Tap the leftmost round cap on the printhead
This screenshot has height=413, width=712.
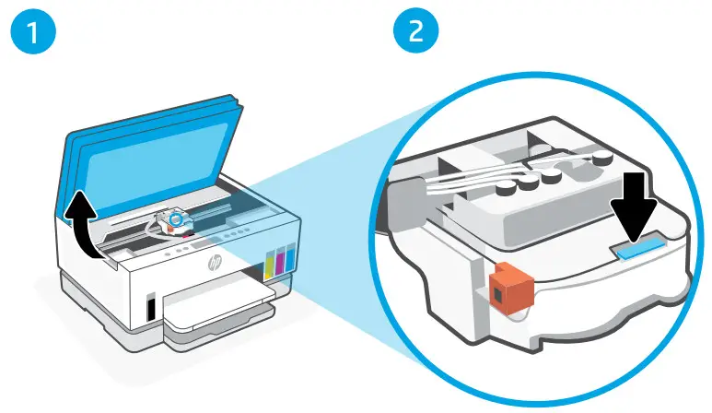[x=506, y=190]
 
